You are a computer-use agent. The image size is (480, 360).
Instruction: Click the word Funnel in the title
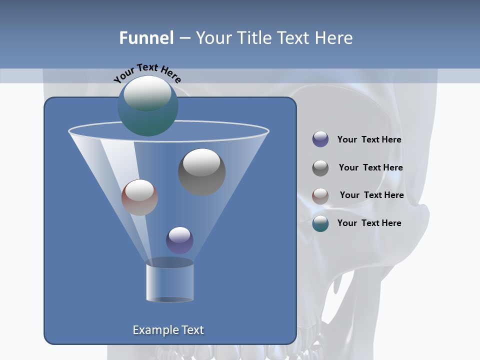[x=146, y=38]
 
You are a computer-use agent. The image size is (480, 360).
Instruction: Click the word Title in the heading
[x=253, y=38]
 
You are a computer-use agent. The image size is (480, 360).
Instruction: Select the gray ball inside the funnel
[x=201, y=171]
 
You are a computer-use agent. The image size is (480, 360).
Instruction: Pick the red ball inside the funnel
[x=139, y=197]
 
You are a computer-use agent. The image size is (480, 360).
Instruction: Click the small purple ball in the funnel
[x=179, y=240]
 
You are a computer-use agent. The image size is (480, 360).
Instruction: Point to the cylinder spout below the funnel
[x=170, y=282]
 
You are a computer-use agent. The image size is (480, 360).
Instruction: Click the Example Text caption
[x=168, y=330]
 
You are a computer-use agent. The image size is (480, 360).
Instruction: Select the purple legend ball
[x=320, y=139]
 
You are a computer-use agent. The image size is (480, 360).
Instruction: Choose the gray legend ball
[x=320, y=168]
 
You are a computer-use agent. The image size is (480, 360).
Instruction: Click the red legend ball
[x=320, y=195]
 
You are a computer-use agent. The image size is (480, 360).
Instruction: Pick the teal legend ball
[x=320, y=223]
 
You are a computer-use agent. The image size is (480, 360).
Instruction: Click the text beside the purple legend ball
[x=369, y=140]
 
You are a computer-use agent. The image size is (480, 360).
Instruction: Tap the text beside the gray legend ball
[x=370, y=168]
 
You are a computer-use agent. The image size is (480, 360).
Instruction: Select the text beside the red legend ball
[x=371, y=195]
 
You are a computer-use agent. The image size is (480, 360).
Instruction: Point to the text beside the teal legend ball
[x=369, y=223]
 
